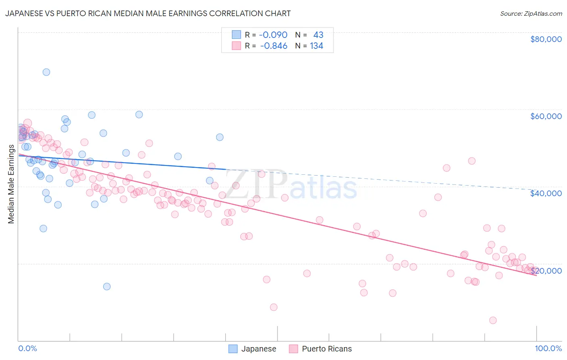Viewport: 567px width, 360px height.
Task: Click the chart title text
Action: click(148, 13)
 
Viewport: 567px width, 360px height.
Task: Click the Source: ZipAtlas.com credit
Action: click(531, 13)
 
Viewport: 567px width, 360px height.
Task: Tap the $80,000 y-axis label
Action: click(546, 39)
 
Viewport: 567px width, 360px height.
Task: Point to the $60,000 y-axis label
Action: click(546, 116)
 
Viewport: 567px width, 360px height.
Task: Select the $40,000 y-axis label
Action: click(546, 193)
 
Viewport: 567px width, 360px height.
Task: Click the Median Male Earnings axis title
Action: click(11, 184)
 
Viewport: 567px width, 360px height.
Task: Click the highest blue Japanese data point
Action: click(46, 72)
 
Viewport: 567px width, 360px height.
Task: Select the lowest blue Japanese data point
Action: click(107, 287)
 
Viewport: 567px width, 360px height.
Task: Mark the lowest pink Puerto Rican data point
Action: click(493, 320)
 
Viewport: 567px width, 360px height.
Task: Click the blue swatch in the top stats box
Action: click(236, 35)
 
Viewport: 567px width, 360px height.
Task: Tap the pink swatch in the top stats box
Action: click(236, 46)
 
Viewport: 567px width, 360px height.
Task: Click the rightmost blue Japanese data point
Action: click(220, 137)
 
